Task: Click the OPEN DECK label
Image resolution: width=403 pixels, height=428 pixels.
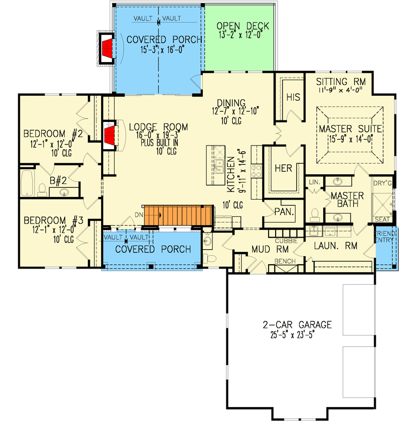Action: (242, 27)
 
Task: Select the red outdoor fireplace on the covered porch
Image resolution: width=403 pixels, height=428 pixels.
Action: (107, 49)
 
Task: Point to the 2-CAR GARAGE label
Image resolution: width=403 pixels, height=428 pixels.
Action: (297, 324)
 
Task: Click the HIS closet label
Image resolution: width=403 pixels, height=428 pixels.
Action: (293, 98)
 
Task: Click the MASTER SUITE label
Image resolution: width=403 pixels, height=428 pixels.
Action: (349, 129)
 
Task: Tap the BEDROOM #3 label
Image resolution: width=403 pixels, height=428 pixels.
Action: (52, 220)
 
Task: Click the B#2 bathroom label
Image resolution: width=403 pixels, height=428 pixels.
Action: (58, 181)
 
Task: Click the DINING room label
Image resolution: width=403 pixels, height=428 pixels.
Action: (231, 103)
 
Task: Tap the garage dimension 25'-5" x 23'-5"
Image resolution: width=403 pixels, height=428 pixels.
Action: (297, 336)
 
